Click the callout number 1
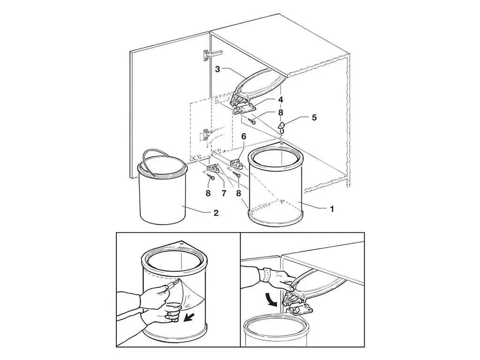click(x=332, y=209)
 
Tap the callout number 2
click(x=216, y=213)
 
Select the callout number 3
click(x=217, y=69)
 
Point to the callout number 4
click(x=280, y=99)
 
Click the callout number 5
click(x=314, y=118)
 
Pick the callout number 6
click(x=244, y=136)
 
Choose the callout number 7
click(x=224, y=194)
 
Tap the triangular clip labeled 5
click(x=282, y=127)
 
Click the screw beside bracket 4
click(x=252, y=121)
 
